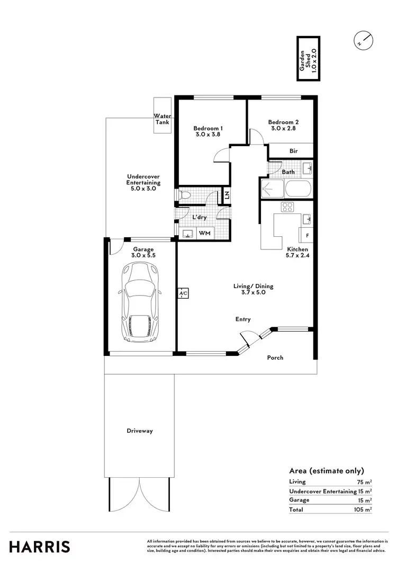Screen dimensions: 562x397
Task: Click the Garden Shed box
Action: tap(308, 59)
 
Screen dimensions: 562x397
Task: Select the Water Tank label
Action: tap(162, 119)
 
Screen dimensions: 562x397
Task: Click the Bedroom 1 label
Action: tap(207, 131)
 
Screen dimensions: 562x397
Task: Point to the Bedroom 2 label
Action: tap(279, 125)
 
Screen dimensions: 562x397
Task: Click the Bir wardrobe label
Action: tap(293, 151)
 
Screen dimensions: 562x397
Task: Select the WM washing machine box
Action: tap(204, 233)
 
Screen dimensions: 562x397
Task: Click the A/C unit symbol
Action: tap(183, 293)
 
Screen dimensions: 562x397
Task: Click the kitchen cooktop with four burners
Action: tap(288, 207)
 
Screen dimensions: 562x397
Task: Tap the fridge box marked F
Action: tap(307, 235)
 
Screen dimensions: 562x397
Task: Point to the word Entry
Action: tap(243, 319)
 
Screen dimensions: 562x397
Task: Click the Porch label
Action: tap(275, 358)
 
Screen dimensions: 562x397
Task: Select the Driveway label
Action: tap(139, 431)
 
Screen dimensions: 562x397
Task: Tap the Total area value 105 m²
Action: tap(363, 510)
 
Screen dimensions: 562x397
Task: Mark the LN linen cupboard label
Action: tap(227, 195)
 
